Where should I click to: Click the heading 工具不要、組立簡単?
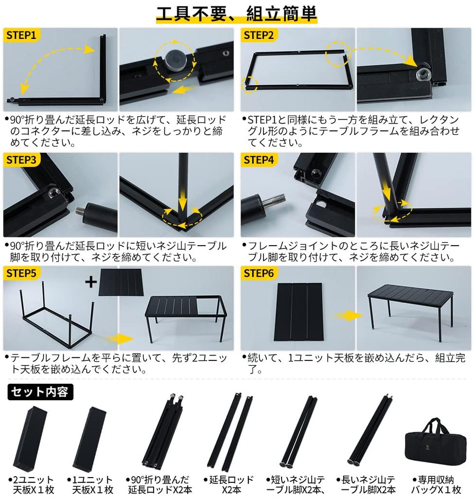pos(236,13)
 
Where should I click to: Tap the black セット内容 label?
pos(40,391)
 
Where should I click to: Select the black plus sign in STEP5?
pos(91,281)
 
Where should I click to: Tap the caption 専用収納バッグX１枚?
pos(436,484)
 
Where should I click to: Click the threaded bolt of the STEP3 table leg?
pos(81,211)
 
